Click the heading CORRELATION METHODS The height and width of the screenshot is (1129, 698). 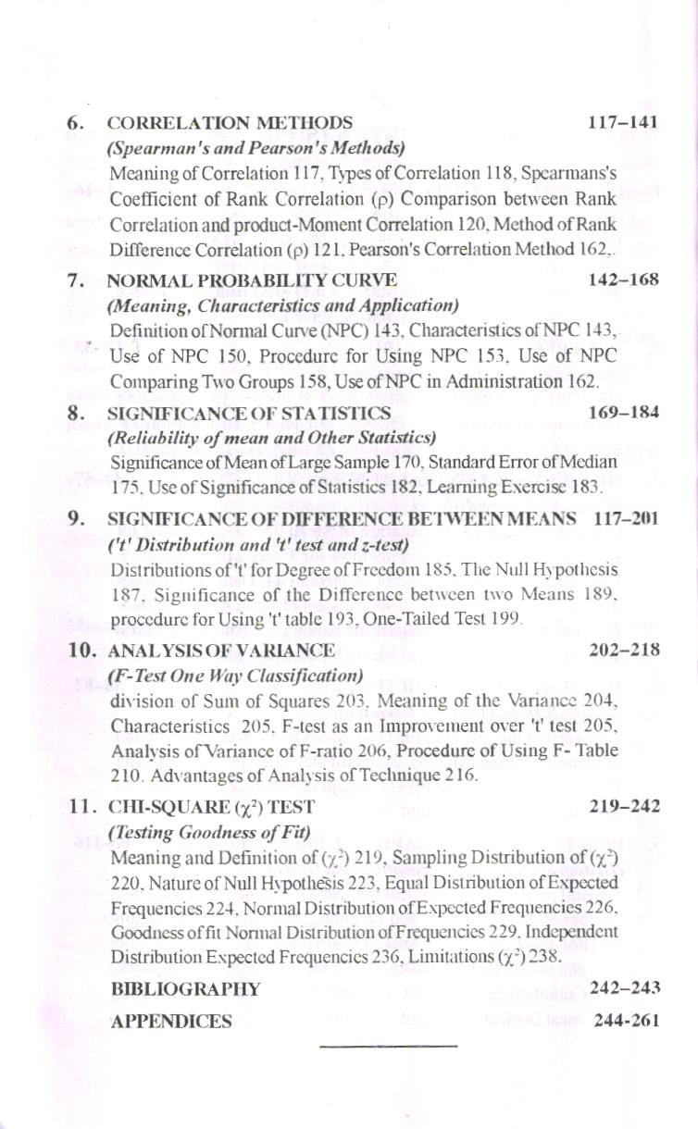tap(231, 123)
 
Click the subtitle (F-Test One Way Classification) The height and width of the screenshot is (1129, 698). tap(234, 675)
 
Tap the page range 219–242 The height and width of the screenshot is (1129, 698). tap(625, 806)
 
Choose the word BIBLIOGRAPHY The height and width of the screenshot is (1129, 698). tap(185, 988)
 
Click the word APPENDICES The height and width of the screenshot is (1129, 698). tap(171, 1022)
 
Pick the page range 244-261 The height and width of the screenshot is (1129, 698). tap(627, 1022)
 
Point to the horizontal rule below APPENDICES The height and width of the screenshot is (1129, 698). tap(389, 1048)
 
